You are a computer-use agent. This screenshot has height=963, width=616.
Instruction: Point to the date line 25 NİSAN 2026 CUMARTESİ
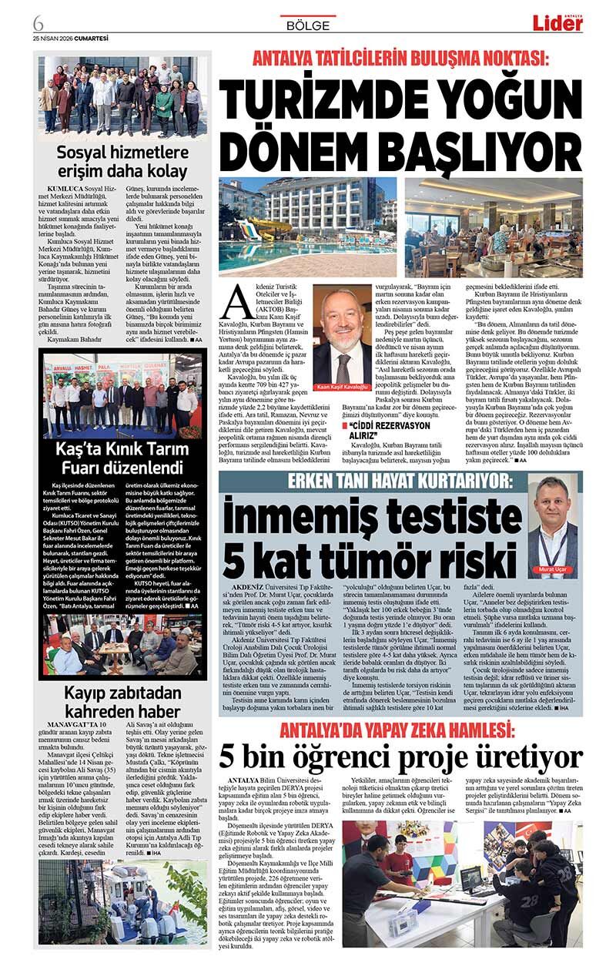[x=70, y=36]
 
